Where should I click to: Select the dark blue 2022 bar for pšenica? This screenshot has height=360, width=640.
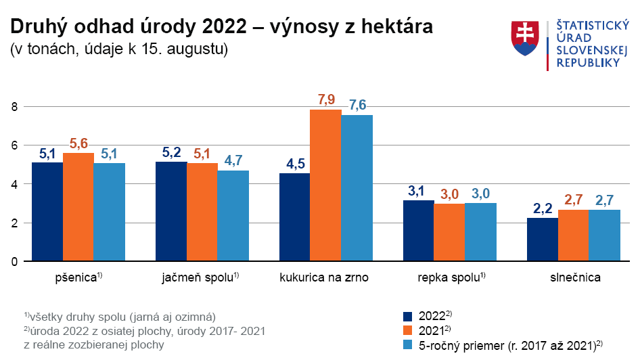point(47,212)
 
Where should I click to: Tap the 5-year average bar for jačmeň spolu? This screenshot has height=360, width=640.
point(233,216)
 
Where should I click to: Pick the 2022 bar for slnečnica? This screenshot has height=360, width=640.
point(543,240)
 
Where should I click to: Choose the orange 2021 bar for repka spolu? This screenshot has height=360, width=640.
point(449,232)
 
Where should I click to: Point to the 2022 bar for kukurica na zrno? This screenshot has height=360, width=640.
point(294,217)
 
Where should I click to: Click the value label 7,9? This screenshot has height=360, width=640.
point(326,100)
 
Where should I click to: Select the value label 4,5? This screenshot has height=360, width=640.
point(294,164)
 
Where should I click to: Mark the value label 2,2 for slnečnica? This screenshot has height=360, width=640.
point(543,208)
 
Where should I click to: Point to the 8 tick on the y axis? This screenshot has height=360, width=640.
point(13,106)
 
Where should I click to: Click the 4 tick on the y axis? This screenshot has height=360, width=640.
point(13,184)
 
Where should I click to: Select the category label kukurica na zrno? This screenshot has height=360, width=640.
point(324,277)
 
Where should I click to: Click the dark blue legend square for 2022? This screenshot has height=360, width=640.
point(407,316)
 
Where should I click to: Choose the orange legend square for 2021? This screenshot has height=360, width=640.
point(407,331)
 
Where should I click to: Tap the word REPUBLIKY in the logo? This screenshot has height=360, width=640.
point(588,62)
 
